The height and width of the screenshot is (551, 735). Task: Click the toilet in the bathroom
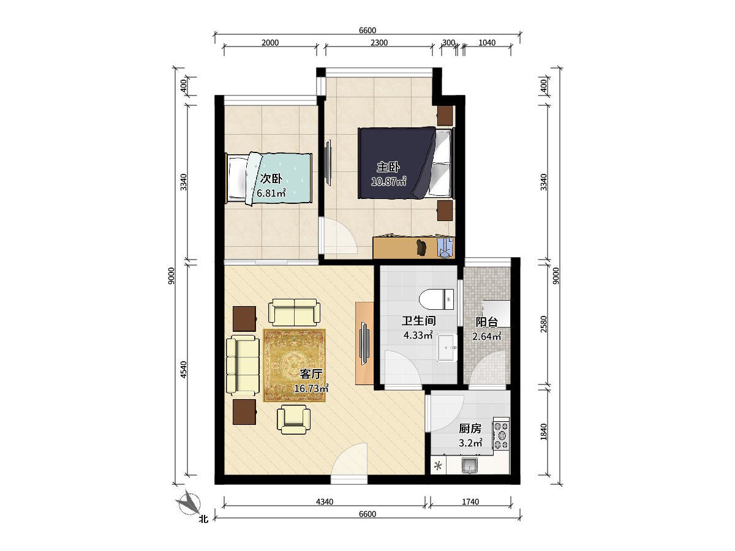click(436, 299)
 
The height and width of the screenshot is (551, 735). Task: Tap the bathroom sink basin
click(447, 347)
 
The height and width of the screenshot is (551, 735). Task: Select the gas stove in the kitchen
click(501, 435)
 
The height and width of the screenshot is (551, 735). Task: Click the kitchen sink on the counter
click(469, 465)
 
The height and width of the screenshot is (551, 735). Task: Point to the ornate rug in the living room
click(295, 365)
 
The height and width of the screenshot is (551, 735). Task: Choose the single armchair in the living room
click(293, 419)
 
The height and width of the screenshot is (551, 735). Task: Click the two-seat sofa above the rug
click(294, 312)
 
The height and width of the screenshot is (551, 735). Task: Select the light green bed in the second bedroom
click(269, 179)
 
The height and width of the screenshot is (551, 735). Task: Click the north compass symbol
click(189, 504)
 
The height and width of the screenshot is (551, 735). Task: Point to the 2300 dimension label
click(379, 43)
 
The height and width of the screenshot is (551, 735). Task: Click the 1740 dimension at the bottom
click(470, 501)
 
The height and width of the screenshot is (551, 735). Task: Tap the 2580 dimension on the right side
click(543, 324)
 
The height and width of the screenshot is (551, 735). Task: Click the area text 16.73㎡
click(311, 388)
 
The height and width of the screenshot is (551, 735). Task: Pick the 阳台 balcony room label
click(487, 322)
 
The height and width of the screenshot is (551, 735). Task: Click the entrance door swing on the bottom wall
click(349, 459)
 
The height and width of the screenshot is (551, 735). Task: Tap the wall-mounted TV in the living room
click(364, 343)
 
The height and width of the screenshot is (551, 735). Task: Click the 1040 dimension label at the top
click(487, 43)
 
